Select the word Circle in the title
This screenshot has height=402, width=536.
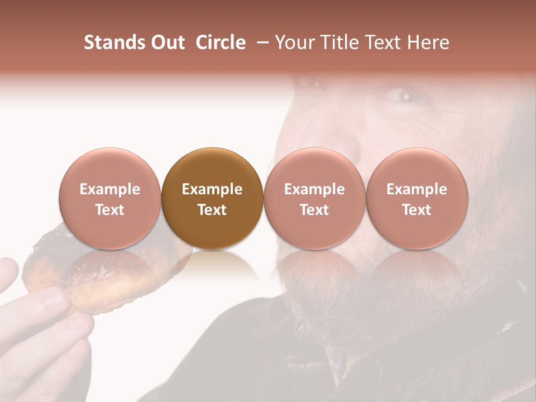click(x=221, y=42)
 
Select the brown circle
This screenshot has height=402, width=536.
click(x=212, y=199)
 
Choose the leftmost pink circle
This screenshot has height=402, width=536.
click(x=110, y=199)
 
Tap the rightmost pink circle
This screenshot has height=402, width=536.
click(x=417, y=199)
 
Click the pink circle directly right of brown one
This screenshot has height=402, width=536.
click(x=314, y=199)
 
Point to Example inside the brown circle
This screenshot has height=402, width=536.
click(x=212, y=189)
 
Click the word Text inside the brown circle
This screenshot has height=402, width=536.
click(x=212, y=210)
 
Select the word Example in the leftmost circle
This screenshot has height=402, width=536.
click(x=110, y=189)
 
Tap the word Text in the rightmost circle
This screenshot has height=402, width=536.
click(x=417, y=210)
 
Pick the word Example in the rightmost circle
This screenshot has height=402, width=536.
click(x=417, y=189)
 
